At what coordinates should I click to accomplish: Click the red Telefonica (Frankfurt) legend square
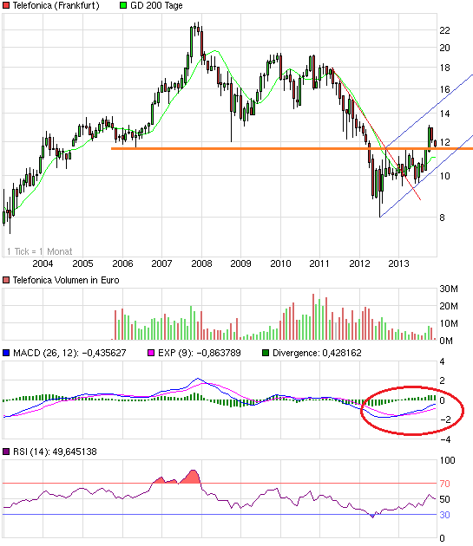pos(6,6)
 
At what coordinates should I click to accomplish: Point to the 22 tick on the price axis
pos(444,30)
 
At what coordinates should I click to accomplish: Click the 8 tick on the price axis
pos(443,218)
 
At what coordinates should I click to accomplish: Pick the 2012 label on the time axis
pos(358,263)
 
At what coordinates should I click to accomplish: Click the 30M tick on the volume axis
pos(450,288)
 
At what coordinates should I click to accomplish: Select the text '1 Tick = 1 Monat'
pos(39,251)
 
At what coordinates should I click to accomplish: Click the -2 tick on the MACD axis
pos(444,420)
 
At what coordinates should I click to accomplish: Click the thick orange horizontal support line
pos(260,149)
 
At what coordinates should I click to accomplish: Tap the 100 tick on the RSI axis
pos(449,461)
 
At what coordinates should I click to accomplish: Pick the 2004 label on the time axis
pos(43,263)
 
